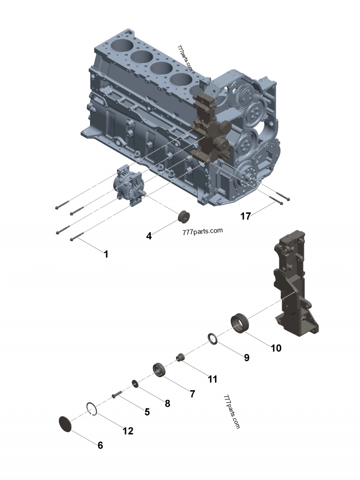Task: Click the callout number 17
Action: (x=245, y=216)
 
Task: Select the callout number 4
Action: (x=148, y=235)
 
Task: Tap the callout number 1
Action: (x=106, y=254)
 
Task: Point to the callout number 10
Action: (x=276, y=348)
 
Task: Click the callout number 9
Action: (x=247, y=358)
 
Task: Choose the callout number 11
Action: (x=212, y=379)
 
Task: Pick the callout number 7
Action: (x=192, y=394)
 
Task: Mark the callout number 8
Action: (x=167, y=404)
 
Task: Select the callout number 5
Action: (x=147, y=411)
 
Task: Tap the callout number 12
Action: (x=128, y=431)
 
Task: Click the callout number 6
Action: (x=100, y=445)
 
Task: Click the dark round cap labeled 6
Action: (x=66, y=424)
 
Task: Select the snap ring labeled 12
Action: (x=92, y=409)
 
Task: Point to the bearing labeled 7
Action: (x=160, y=370)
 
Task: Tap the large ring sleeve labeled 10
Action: (x=240, y=323)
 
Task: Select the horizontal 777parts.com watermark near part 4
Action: (x=202, y=232)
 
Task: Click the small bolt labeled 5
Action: (x=117, y=395)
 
